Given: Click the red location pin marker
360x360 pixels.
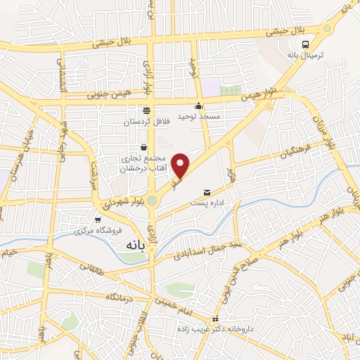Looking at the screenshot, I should [181, 165].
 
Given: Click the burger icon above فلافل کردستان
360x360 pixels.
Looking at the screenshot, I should [146, 110].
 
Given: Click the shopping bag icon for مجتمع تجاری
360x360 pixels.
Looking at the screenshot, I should [144, 148].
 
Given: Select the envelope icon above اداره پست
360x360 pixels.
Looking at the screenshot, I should [207, 192].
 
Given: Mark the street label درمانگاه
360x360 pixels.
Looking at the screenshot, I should [120, 297].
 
